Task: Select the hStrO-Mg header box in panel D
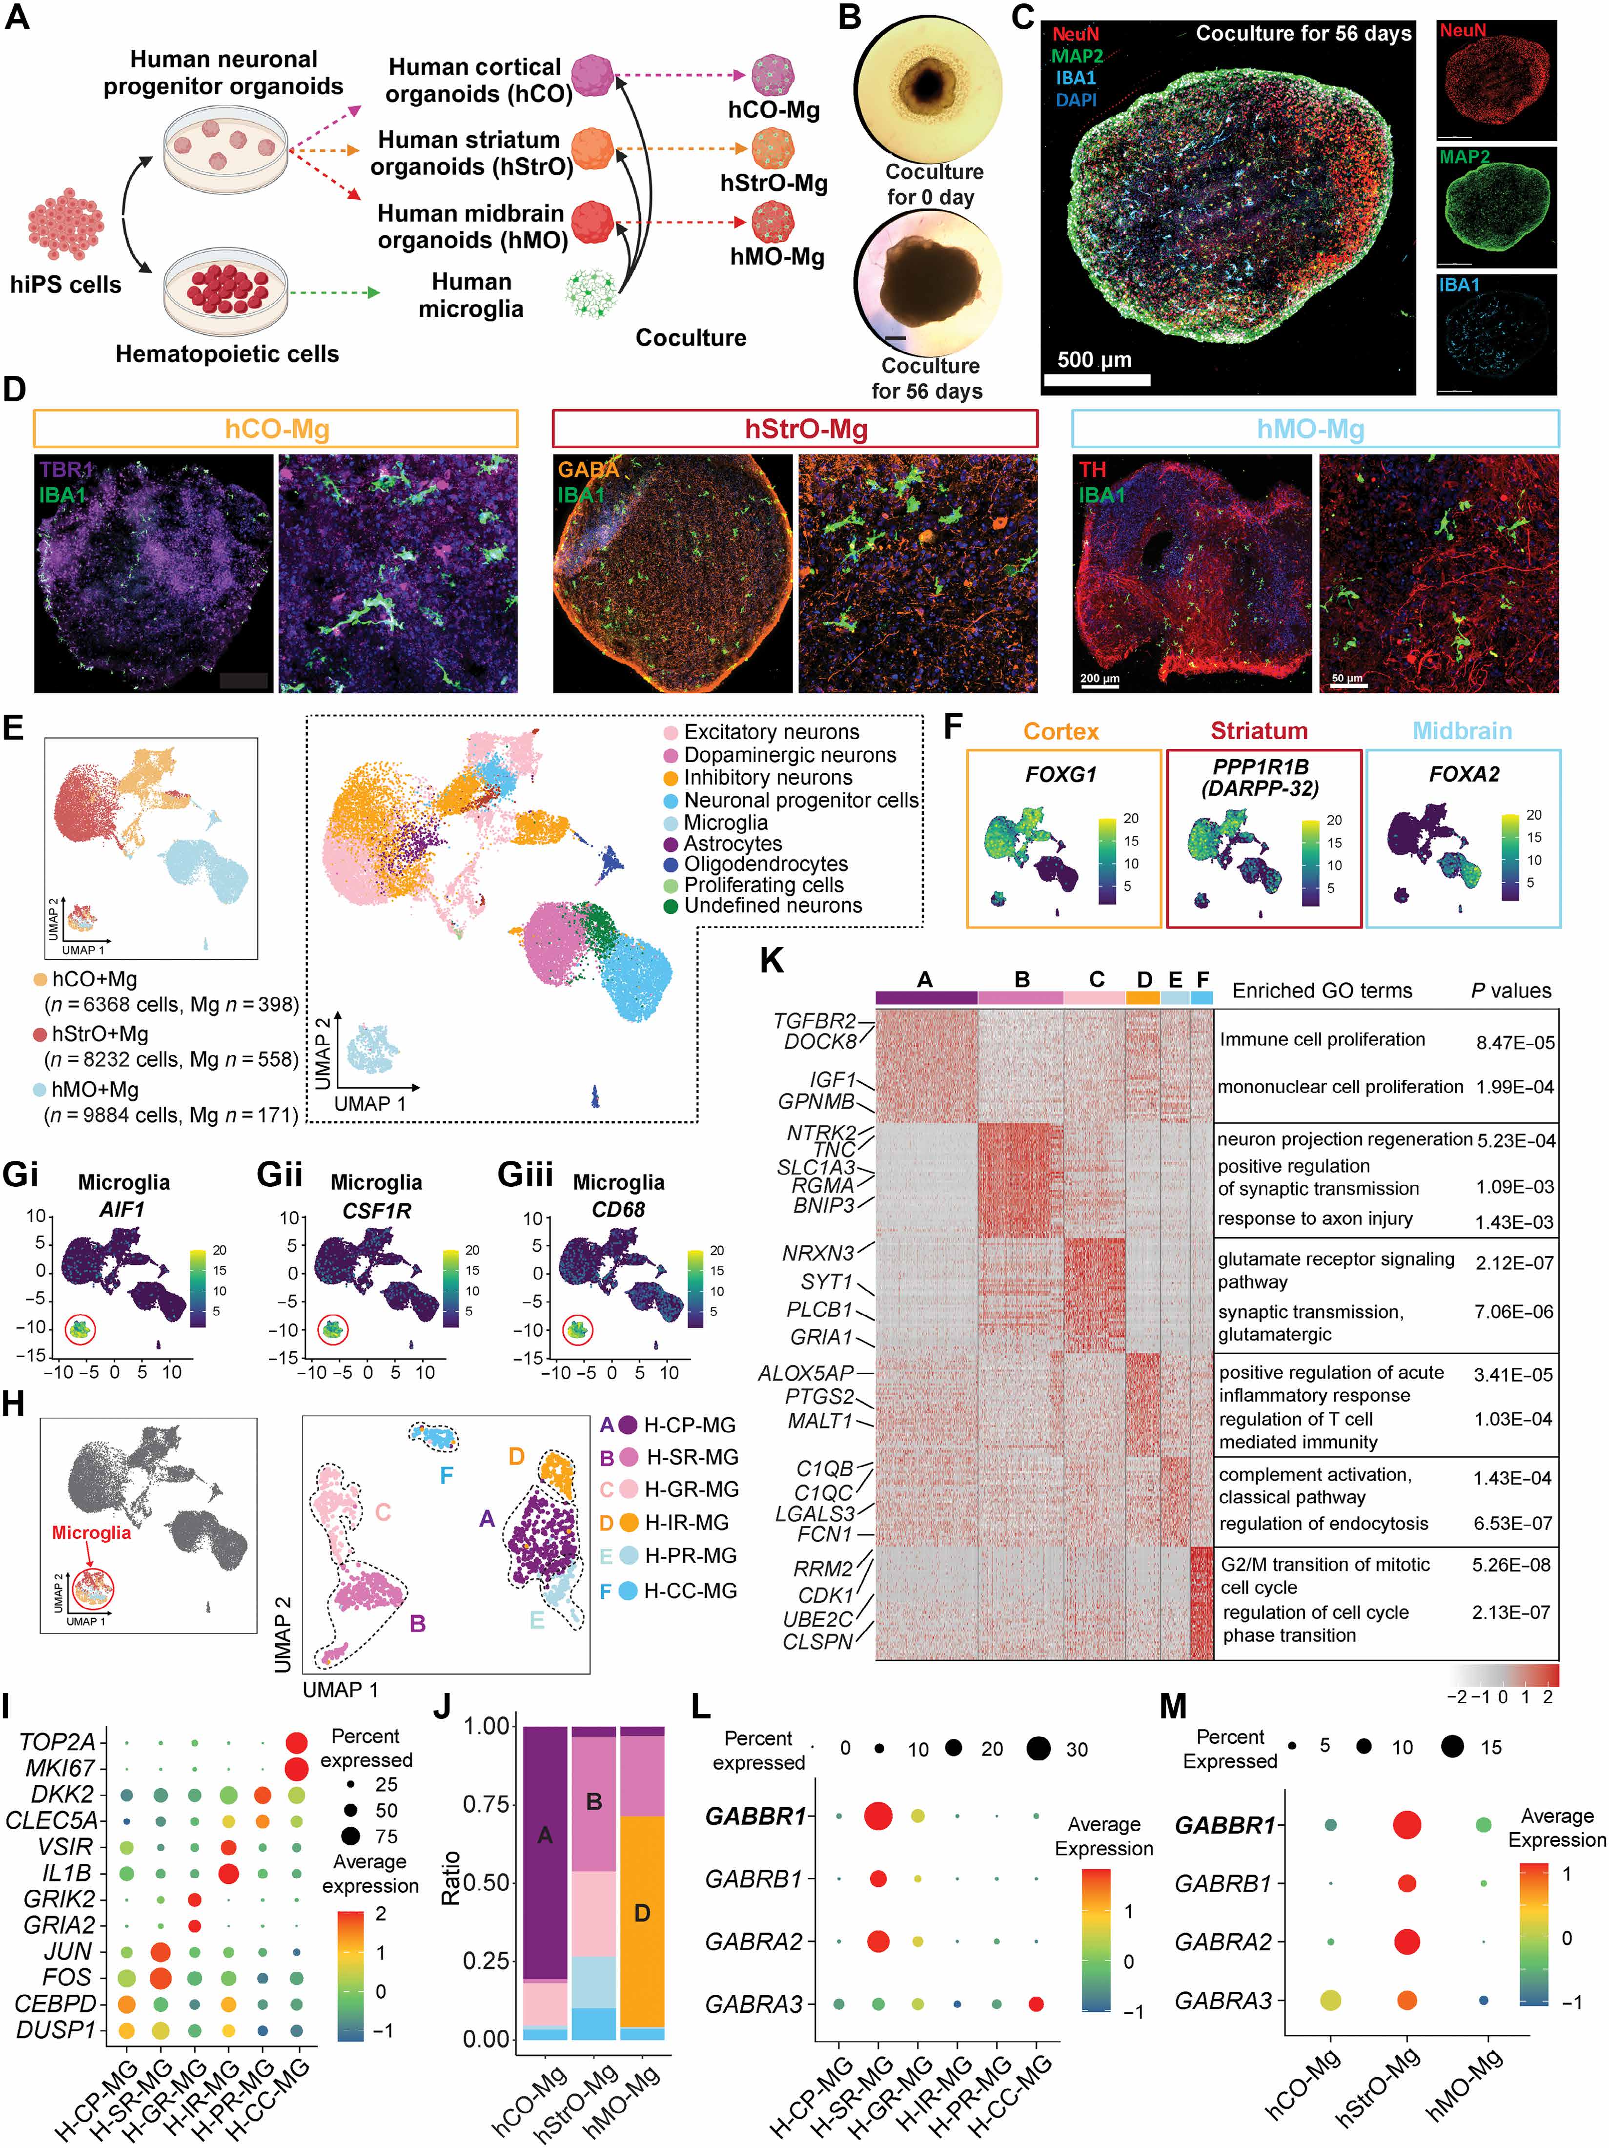tap(794, 428)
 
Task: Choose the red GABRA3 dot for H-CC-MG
tap(1036, 2003)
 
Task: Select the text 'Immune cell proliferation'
tap(1323, 1039)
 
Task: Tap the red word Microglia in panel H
tap(91, 1532)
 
